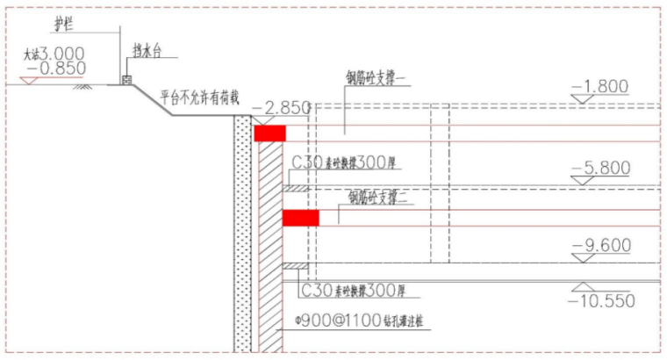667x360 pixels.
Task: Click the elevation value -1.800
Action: pyautogui.click(x=600, y=86)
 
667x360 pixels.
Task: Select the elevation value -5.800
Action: pyautogui.click(x=600, y=167)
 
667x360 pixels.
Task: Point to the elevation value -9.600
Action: pyautogui.click(x=600, y=246)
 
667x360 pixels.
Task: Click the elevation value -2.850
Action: pyautogui.click(x=282, y=108)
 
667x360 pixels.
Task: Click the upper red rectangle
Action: pyautogui.click(x=269, y=133)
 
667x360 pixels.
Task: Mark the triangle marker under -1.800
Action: pyautogui.click(x=582, y=99)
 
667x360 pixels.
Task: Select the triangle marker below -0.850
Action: pyautogui.click(x=28, y=79)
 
